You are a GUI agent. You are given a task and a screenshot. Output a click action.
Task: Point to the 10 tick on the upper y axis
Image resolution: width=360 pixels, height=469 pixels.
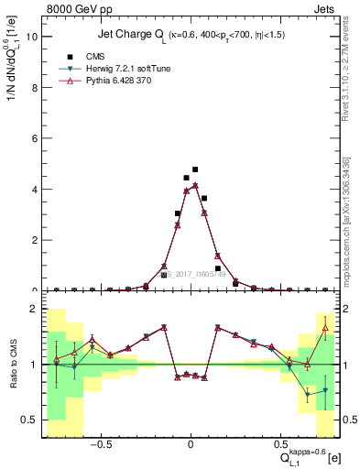pyautogui.click(x=32, y=37)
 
